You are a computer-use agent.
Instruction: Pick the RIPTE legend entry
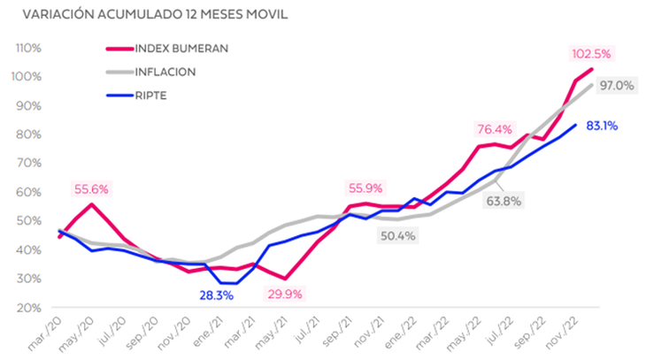point(156,93)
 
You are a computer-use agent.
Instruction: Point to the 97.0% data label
point(616,85)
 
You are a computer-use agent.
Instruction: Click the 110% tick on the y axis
point(27,48)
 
